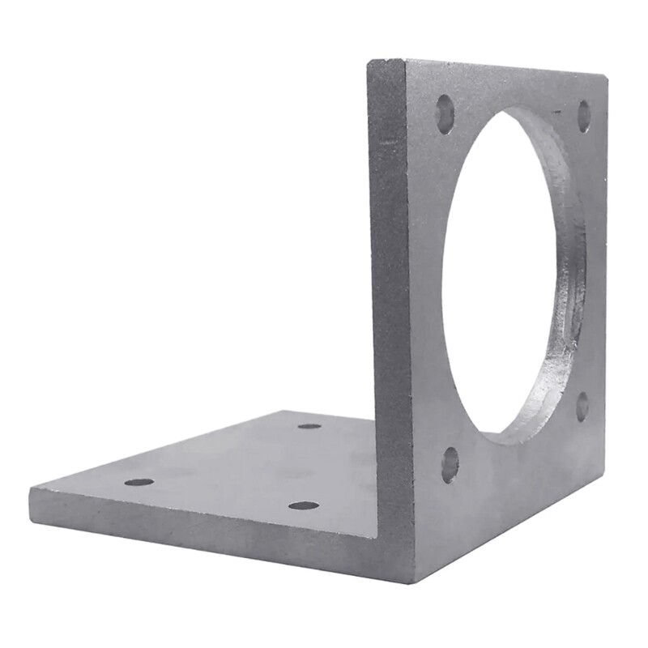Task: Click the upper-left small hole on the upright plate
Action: [x=445, y=113]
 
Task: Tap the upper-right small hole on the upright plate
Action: [x=583, y=116]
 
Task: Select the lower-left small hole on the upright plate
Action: [x=450, y=464]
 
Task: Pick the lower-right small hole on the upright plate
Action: [x=582, y=407]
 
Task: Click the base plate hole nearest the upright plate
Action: [x=309, y=426]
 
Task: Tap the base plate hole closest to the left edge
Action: [x=139, y=482]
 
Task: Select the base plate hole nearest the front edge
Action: [x=303, y=505]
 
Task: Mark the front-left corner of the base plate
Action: [x=31, y=491]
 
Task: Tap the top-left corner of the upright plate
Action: [x=370, y=62]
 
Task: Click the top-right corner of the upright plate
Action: [x=605, y=75]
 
